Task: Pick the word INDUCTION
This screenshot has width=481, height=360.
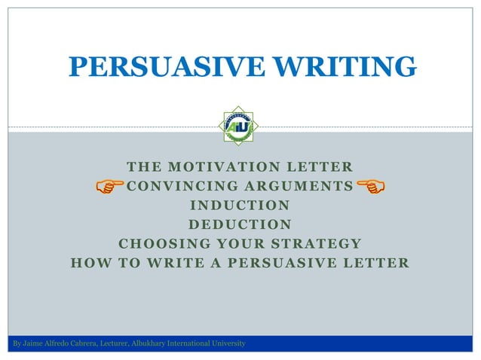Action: coord(240,205)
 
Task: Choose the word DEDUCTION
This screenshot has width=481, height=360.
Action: coord(240,224)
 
